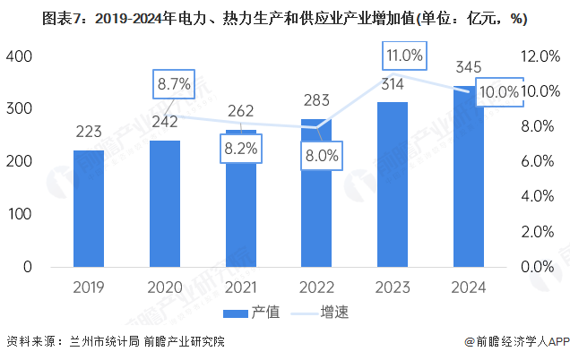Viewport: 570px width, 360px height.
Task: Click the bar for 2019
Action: click(x=89, y=208)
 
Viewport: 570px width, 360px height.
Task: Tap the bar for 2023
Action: click(x=393, y=184)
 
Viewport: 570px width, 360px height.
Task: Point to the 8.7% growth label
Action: click(x=174, y=84)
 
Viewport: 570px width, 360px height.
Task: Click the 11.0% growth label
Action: click(x=404, y=56)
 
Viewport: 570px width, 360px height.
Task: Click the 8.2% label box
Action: click(x=241, y=149)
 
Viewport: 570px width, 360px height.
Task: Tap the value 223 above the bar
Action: click(x=89, y=133)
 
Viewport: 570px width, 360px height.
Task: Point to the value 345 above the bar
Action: click(x=470, y=67)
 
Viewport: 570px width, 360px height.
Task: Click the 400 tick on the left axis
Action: click(x=20, y=56)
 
